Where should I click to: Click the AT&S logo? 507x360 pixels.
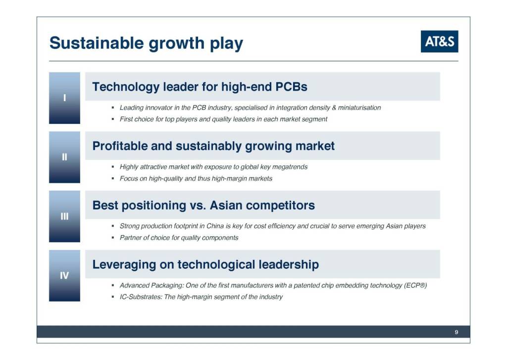(x=440, y=42)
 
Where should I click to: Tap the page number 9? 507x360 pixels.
(x=456, y=332)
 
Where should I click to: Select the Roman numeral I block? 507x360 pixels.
(x=65, y=98)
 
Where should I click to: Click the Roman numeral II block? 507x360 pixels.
(x=65, y=157)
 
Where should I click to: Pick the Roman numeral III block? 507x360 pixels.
(x=65, y=216)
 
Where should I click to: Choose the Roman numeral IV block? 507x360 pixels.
(x=65, y=276)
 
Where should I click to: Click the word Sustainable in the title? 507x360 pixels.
(x=97, y=43)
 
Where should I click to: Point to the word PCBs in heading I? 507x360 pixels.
(x=291, y=87)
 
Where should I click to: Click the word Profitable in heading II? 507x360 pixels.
(x=120, y=146)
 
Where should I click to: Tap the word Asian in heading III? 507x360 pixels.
(x=226, y=206)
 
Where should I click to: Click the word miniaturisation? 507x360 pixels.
(x=359, y=107)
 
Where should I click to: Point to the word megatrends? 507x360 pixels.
(x=290, y=167)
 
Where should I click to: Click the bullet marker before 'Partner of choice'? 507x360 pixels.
(x=113, y=238)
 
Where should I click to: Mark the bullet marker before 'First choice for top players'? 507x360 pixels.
(x=113, y=119)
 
